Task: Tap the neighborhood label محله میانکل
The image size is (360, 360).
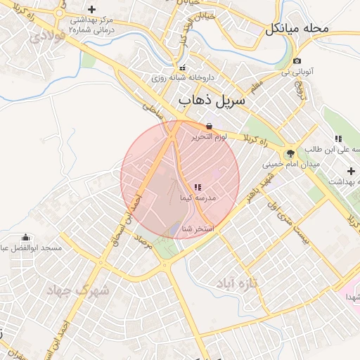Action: [x=297, y=30]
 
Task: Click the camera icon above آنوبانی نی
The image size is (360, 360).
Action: [x=297, y=61]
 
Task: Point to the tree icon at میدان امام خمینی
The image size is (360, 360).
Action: [x=289, y=153]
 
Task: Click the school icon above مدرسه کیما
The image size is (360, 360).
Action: [x=198, y=187]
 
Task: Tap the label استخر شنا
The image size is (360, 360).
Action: [x=198, y=229]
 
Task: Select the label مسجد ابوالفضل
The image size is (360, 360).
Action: [x=31, y=248]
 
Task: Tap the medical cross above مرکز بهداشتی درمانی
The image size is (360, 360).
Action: [x=91, y=8]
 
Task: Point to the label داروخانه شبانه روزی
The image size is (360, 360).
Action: [x=182, y=77]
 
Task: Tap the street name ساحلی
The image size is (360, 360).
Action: [x=152, y=108]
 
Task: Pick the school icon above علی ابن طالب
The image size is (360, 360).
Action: [x=337, y=139]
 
